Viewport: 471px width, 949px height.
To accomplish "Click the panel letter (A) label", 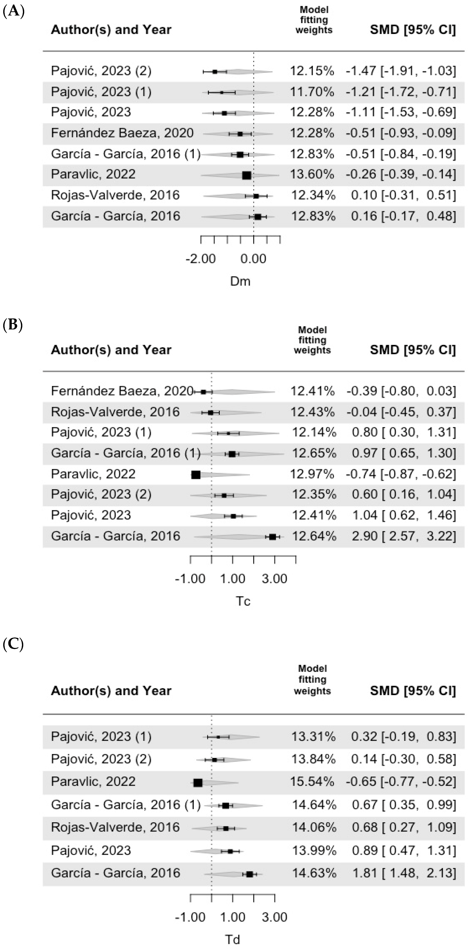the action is (13, 12).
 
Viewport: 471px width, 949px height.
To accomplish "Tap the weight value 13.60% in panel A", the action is (312, 174).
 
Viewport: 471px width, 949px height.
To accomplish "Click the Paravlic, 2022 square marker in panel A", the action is (247, 175).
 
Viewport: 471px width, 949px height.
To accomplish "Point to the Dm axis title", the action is (240, 281).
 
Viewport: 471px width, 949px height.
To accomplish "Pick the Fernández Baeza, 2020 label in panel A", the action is (122, 133).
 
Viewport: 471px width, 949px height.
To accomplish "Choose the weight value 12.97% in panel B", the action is (312, 474).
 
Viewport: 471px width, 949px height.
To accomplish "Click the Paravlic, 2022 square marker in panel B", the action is (196, 475).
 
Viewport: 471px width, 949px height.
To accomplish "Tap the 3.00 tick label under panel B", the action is (274, 579).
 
